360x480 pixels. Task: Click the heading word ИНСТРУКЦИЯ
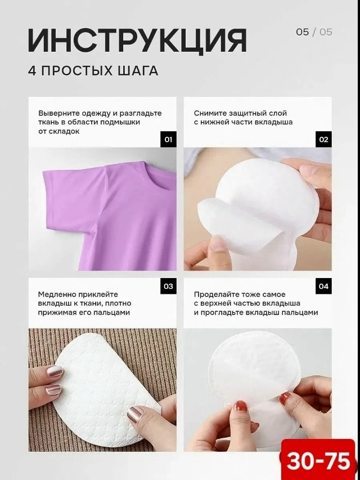coord(137,41)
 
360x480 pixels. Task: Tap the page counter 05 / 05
coord(314,32)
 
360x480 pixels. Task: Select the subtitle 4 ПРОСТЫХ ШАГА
coord(93,71)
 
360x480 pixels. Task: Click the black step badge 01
coord(168,140)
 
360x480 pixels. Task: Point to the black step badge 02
coord(323,140)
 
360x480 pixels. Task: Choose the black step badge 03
coord(168,286)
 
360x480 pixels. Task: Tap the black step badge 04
coord(323,286)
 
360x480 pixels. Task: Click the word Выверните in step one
coord(57,113)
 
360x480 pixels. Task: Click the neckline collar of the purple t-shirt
coord(159,176)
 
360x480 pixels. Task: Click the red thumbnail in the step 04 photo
coord(240,406)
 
